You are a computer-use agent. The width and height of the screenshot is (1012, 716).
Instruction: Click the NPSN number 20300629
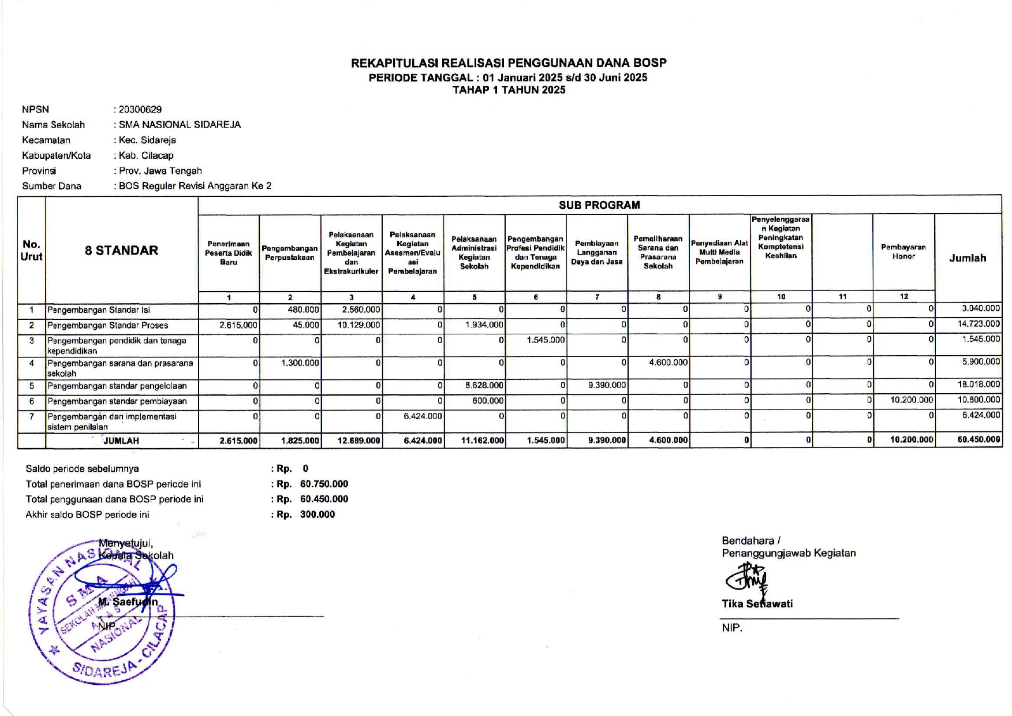(x=140, y=109)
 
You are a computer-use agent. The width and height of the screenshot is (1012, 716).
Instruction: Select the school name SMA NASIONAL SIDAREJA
(x=180, y=125)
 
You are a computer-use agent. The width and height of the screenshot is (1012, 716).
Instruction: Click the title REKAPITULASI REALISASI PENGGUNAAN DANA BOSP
(x=509, y=63)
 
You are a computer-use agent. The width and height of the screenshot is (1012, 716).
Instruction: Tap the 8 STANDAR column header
(x=121, y=250)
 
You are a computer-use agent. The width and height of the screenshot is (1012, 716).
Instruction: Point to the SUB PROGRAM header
(x=599, y=205)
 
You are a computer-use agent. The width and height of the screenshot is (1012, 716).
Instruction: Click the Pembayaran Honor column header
(x=903, y=252)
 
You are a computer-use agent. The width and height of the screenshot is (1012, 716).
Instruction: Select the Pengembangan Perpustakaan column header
(x=290, y=253)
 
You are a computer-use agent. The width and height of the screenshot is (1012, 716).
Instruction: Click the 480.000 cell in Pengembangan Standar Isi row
(x=303, y=309)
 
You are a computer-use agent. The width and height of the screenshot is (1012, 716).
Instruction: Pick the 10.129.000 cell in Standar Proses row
(x=359, y=325)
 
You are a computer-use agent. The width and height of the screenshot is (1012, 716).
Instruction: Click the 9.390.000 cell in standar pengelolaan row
(x=607, y=385)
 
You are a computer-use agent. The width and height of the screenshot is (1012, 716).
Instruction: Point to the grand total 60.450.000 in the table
(x=978, y=439)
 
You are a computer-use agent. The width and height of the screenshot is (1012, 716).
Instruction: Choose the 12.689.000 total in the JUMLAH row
(x=359, y=441)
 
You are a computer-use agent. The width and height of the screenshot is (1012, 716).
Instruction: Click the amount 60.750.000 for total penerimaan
(x=324, y=484)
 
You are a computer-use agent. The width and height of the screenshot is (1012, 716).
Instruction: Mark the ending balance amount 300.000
(x=317, y=514)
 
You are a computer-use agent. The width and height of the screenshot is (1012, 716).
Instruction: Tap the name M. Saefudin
(x=128, y=602)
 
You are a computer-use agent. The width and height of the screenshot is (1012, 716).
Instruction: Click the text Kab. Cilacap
(x=146, y=155)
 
